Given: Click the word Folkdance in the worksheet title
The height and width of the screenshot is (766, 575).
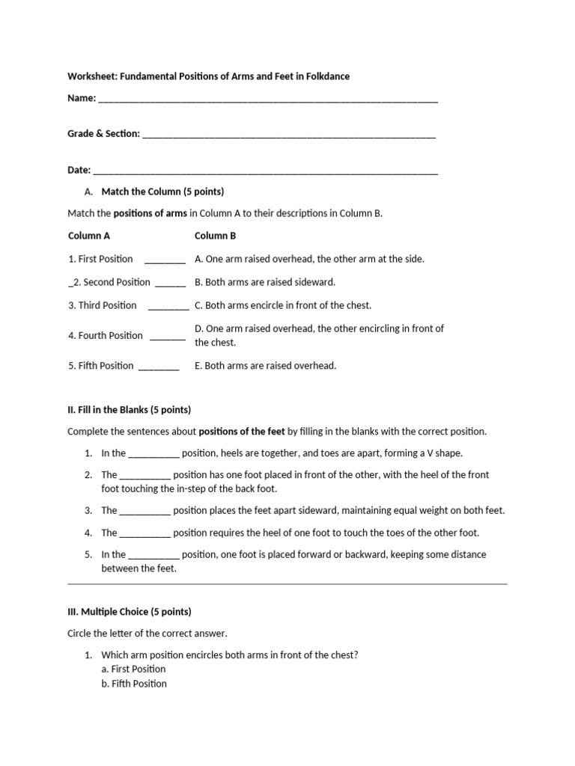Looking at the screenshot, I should click(325, 76).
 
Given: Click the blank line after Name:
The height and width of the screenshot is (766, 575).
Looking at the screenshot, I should click(268, 99).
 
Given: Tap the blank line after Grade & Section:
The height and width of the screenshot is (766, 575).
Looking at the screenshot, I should click(288, 135).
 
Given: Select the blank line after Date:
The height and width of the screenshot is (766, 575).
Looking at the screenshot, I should click(266, 172).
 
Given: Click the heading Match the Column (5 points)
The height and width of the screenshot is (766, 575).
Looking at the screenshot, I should click(162, 191).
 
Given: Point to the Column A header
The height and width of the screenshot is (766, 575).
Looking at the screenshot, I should click(89, 236).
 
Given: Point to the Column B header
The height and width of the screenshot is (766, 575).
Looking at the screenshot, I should click(215, 236).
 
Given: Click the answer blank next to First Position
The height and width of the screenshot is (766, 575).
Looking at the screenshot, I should click(165, 261).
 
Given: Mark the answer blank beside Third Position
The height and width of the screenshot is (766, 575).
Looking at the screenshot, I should click(168, 307).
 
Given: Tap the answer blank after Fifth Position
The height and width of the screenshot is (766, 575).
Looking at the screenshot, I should click(159, 368).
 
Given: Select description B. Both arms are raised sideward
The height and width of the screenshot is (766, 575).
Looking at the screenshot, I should click(265, 282).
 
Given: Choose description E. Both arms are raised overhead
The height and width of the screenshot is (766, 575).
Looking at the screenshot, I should click(265, 366).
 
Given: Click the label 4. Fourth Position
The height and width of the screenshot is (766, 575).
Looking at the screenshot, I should click(106, 335).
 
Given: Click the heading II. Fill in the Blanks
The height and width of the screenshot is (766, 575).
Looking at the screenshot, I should click(129, 410).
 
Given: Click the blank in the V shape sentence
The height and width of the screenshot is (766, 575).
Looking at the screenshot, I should click(153, 455).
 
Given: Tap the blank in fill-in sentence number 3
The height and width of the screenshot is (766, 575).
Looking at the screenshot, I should click(145, 512).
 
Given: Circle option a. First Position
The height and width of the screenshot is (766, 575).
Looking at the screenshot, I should click(133, 669).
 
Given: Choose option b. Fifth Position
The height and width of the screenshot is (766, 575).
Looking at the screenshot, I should click(134, 684).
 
